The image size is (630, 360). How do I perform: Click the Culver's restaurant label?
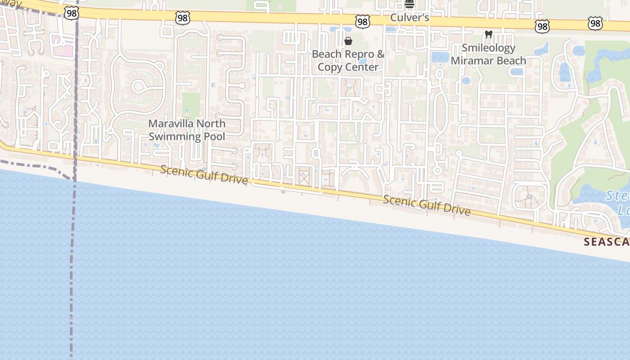pyautogui.click(x=409, y=18)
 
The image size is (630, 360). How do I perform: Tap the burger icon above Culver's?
pyautogui.click(x=409, y=4)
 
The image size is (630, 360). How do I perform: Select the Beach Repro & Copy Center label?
pyautogui.click(x=348, y=61)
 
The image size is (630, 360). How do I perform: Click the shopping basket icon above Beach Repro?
pyautogui.click(x=348, y=41)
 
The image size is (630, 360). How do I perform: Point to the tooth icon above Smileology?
pyautogui.click(x=488, y=34)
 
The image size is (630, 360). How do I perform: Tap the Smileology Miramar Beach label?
pyautogui.click(x=488, y=54)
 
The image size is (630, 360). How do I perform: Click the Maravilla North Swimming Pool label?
pyautogui.click(x=187, y=130)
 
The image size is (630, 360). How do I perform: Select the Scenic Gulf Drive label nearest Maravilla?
pyautogui.click(x=204, y=175)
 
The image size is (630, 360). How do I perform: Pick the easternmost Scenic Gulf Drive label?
pyautogui.click(x=427, y=206)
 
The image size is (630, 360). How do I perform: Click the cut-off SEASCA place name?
pyautogui.click(x=606, y=242)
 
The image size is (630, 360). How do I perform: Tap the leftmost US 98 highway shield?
pyautogui.click(x=71, y=13)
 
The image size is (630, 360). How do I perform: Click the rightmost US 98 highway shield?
pyautogui.click(x=595, y=23)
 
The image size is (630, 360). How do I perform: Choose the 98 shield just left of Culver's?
pyautogui.click(x=362, y=21)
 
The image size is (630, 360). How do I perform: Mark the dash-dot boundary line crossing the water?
pyautogui.click(x=72, y=270)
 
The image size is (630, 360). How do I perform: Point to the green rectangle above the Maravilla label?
pyautogui.click(x=191, y=105)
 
